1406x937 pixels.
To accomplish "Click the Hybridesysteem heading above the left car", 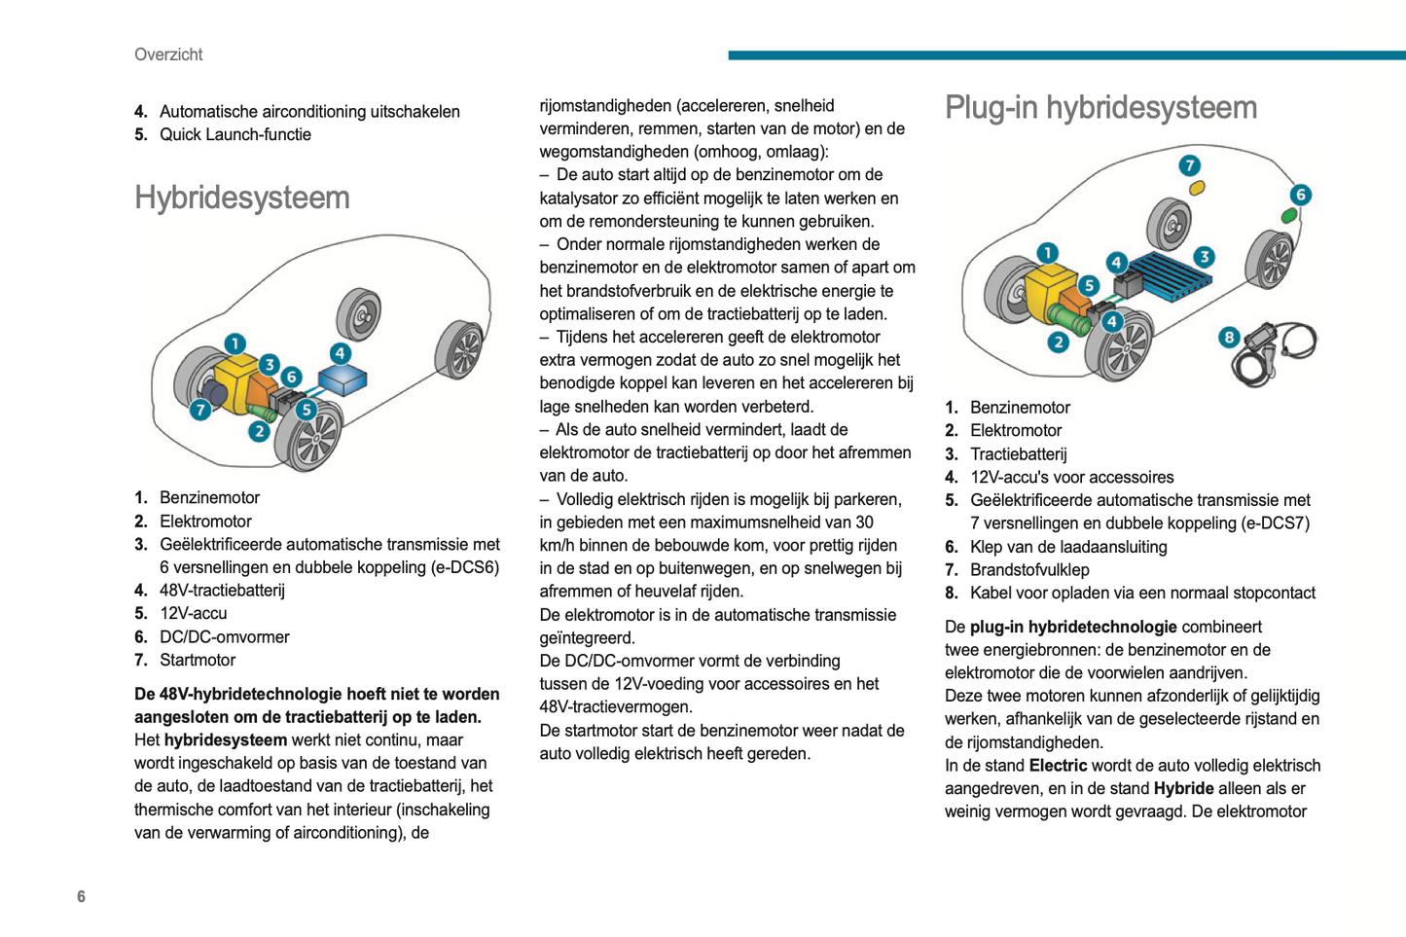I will click(x=242, y=198).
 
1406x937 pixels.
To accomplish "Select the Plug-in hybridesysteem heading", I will click(x=1100, y=107).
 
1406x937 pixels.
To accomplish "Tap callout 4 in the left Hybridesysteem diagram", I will click(x=340, y=353).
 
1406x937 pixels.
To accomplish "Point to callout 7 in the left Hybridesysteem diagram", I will click(x=200, y=410).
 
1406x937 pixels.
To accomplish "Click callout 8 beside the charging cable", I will click(x=1229, y=337).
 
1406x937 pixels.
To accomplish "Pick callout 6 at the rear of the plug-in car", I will click(x=1300, y=195).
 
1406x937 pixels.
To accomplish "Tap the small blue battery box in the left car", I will click(x=342, y=379).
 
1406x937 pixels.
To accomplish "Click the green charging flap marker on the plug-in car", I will click(x=1289, y=215).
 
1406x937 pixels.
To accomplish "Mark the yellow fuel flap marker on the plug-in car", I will click(x=1197, y=187).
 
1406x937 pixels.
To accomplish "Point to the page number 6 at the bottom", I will click(x=81, y=896).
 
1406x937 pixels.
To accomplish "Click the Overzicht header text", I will click(x=168, y=54).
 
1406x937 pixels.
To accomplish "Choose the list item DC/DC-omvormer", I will click(x=224, y=637).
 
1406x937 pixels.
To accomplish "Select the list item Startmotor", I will click(x=198, y=661).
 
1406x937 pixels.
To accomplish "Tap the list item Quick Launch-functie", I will click(x=234, y=134).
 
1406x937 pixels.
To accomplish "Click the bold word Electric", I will click(x=1058, y=766).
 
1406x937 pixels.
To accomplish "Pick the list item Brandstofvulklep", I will click(x=1028, y=570).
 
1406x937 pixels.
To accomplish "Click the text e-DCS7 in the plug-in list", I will click(x=1275, y=523).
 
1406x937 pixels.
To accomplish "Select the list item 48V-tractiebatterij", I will click(x=222, y=591).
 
